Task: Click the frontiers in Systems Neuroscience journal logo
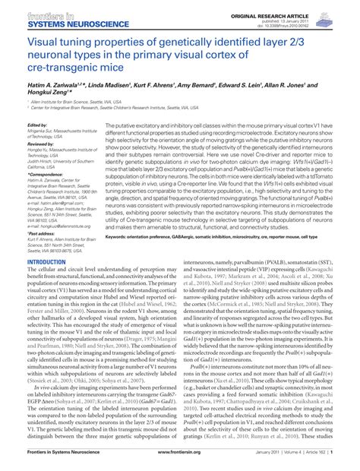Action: tap(49, 14)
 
